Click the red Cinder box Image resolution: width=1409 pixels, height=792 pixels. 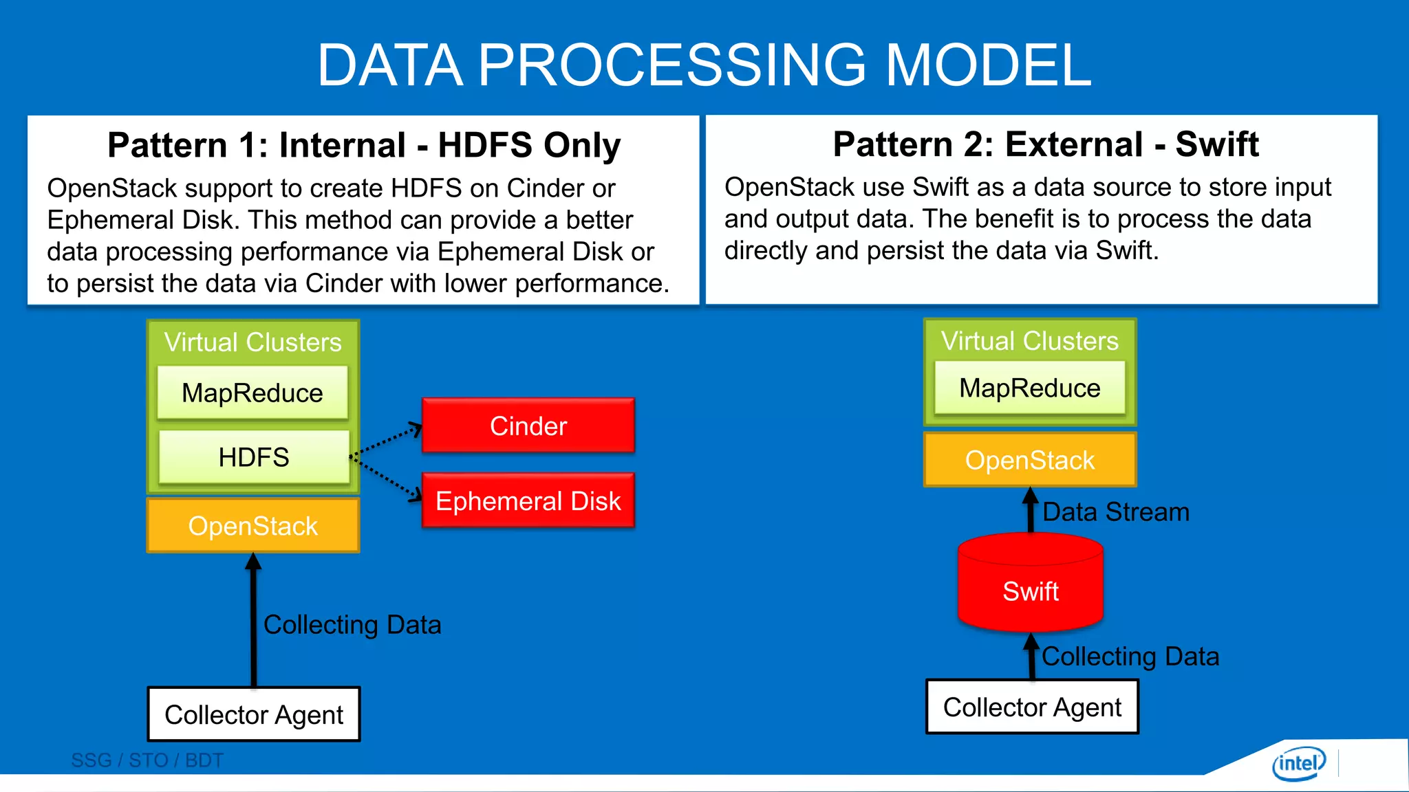(x=528, y=426)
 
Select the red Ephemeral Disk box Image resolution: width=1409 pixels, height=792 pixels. (x=528, y=500)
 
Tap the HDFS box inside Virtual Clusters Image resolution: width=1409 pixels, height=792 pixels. (x=253, y=457)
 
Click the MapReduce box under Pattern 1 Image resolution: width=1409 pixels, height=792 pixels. (x=252, y=393)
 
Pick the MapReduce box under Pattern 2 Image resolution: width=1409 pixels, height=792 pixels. (x=1029, y=388)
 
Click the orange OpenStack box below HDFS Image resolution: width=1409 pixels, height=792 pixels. (x=252, y=526)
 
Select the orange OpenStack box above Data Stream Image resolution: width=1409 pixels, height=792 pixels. (x=1029, y=460)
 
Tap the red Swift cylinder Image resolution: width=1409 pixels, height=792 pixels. (x=1030, y=589)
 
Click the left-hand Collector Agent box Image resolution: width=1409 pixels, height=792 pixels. (x=253, y=714)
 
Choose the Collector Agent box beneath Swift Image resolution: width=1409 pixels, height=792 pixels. (x=1032, y=707)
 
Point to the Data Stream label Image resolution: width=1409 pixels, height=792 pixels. (x=1115, y=512)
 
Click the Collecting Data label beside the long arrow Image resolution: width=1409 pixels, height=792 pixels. (x=352, y=625)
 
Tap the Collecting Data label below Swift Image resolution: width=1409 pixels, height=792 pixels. (x=1130, y=657)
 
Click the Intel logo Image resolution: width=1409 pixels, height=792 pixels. (x=1298, y=763)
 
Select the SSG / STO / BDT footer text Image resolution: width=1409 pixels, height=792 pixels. (x=147, y=760)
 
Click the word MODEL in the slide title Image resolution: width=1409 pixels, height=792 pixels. (x=988, y=65)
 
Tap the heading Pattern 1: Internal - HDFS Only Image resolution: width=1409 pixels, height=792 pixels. (x=364, y=145)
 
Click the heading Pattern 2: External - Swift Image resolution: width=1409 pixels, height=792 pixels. (x=1045, y=144)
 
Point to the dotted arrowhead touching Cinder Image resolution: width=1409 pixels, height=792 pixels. (x=416, y=429)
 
